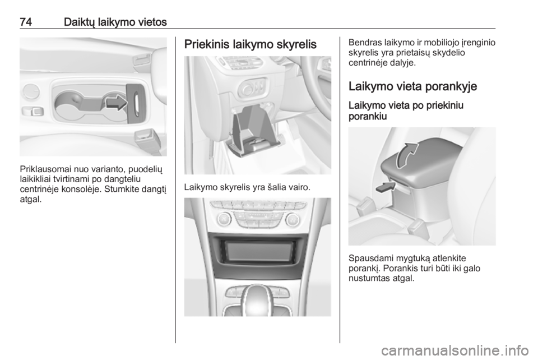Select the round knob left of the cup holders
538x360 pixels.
[x=31, y=91]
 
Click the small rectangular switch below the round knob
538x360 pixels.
[x=33, y=111]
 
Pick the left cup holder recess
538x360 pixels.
[x=69, y=104]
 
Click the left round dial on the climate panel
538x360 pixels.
[x=224, y=219]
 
